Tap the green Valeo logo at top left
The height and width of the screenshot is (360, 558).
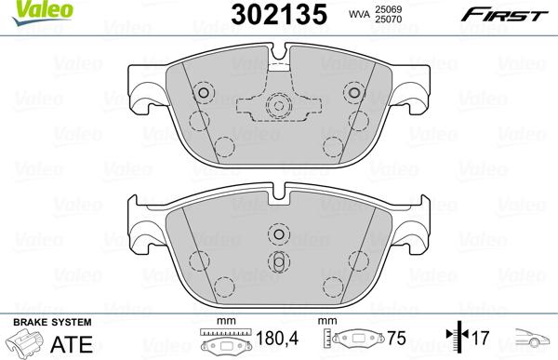point(29,9)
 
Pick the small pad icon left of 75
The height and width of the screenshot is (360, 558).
point(357,342)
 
